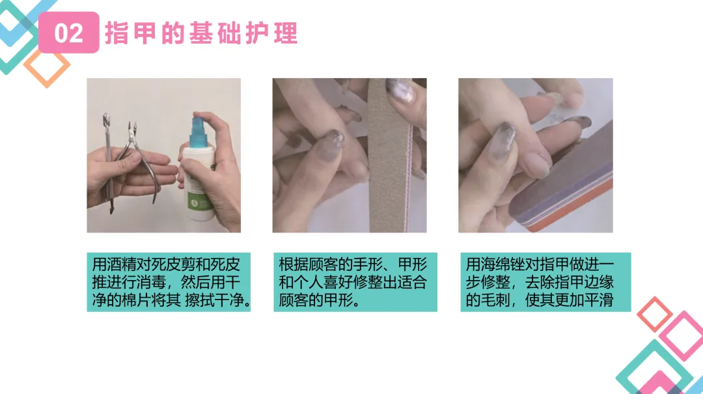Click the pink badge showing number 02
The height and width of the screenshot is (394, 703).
tap(68, 33)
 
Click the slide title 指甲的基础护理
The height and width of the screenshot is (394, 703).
tap(201, 33)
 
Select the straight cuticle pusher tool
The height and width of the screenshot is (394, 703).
tap(108, 162)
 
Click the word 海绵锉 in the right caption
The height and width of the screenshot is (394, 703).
tap(503, 264)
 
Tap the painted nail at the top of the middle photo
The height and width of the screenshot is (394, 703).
tap(401, 91)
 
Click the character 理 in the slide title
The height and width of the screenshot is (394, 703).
tap(286, 33)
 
